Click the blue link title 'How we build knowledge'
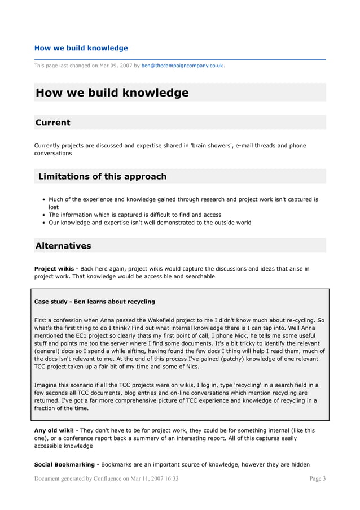click(x=81, y=48)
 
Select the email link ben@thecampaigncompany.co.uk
click(x=182, y=66)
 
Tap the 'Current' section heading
click(x=53, y=123)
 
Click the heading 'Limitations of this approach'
click(x=102, y=176)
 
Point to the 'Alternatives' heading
click(x=63, y=246)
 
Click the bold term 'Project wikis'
click(x=54, y=268)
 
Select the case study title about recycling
click(x=95, y=302)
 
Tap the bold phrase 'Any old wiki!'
click(x=54, y=430)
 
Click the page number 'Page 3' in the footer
click(x=318, y=478)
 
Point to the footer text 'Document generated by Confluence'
click(x=82, y=478)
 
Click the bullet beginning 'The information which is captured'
click(x=135, y=215)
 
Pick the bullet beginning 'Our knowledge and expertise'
click(x=150, y=223)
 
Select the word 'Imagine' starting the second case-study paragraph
click(x=46, y=385)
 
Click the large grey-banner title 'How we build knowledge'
click(x=112, y=93)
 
